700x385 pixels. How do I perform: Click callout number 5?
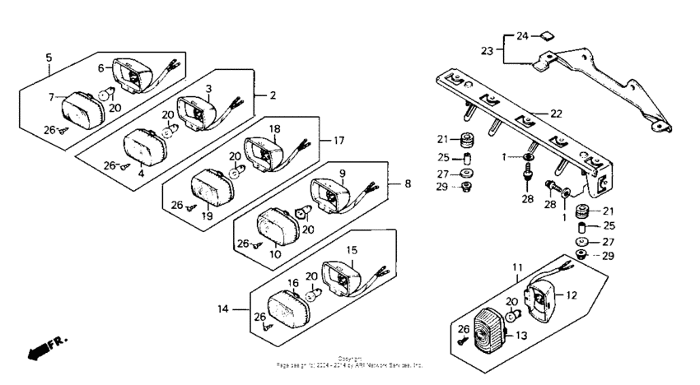(49, 58)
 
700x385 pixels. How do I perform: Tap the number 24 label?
(523, 36)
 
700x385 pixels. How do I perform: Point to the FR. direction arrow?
(48, 346)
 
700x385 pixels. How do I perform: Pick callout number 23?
(488, 51)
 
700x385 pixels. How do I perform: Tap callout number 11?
(516, 268)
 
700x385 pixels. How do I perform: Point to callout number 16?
(292, 282)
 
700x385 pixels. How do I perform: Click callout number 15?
(351, 249)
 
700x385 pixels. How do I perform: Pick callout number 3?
(209, 88)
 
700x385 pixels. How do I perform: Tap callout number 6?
(102, 67)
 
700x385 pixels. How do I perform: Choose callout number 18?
(274, 129)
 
